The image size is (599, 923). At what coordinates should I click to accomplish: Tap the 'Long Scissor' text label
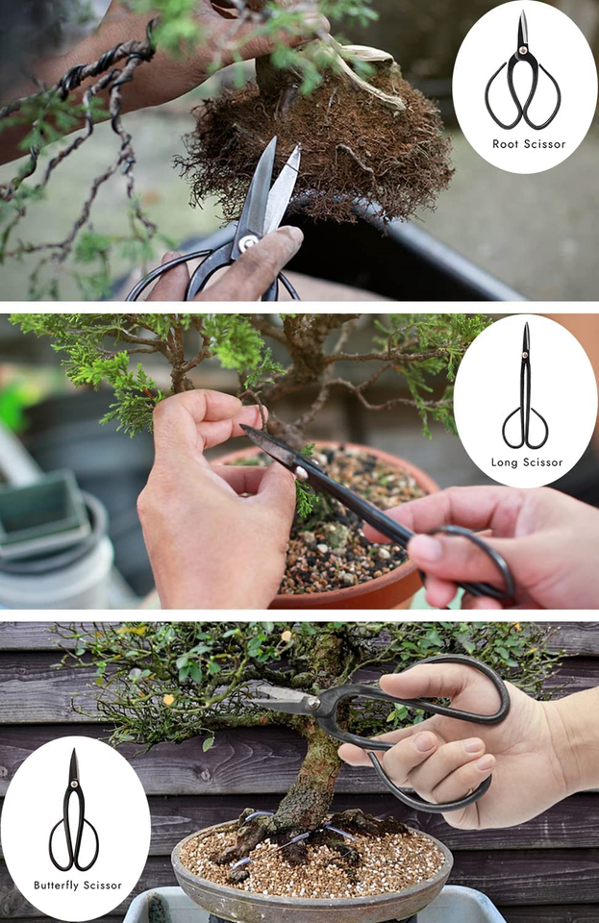coord(526,462)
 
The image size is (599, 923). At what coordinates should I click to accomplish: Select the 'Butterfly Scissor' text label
coord(78,885)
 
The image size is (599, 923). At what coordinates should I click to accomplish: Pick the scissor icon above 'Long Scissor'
coord(526,388)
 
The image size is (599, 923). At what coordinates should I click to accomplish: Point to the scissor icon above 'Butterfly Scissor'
coord(74,813)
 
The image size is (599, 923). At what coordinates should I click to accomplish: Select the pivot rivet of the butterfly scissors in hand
coord(313,705)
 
